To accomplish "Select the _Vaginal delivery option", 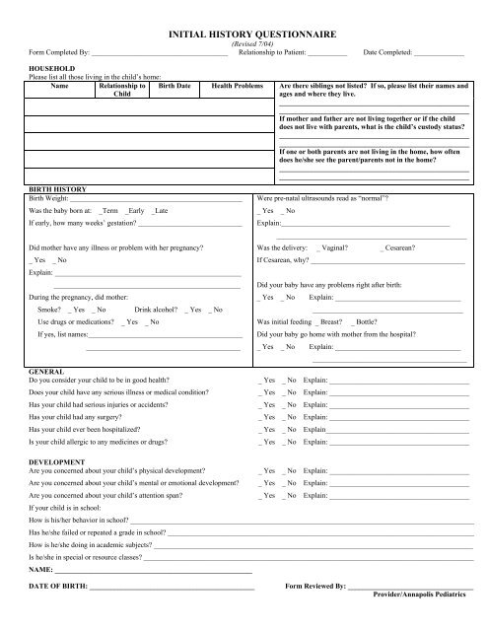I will [337, 246].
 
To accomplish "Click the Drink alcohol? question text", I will [157, 310].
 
